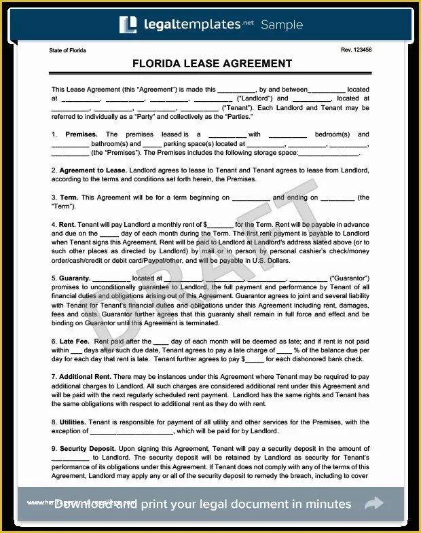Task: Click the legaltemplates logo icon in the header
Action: pyautogui.click(x=128, y=24)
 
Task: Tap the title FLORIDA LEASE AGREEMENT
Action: pyautogui.click(x=213, y=64)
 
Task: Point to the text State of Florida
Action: pyautogui.click(x=67, y=50)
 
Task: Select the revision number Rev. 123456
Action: pyautogui.click(x=356, y=50)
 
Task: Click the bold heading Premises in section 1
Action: pyautogui.click(x=81, y=134)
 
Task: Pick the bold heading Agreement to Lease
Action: pyautogui.click(x=92, y=170)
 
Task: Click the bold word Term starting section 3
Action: pyautogui.click(x=68, y=198)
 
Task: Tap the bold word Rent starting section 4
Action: pyautogui.click(x=67, y=224)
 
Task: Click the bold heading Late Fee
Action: pyautogui.click(x=75, y=341)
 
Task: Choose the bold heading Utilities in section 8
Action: pyautogui.click(x=72, y=422)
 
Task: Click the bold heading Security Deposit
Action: pyautogui.click(x=87, y=448)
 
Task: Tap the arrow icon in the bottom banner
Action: pyautogui.click(x=373, y=504)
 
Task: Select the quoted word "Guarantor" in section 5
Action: pyautogui.click(x=349, y=278)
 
